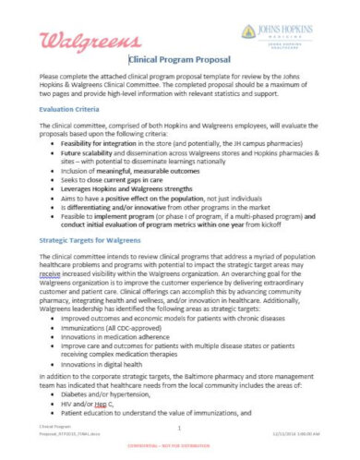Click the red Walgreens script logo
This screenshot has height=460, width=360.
coord(84,40)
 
